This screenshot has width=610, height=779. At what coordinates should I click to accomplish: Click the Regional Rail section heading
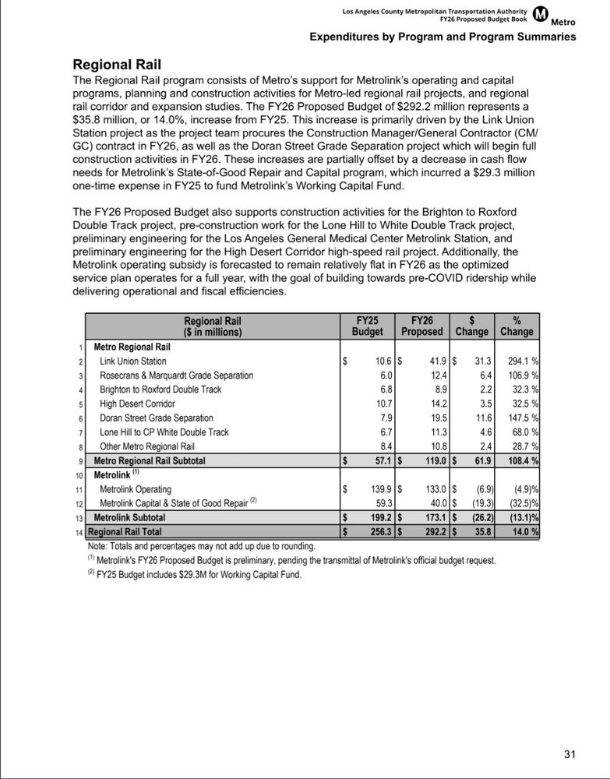tap(122, 65)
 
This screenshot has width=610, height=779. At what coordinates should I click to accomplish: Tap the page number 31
tap(569, 754)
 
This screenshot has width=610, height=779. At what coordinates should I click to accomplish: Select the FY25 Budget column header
tap(367, 326)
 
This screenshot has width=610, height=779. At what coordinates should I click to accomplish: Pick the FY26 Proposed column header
tap(421, 326)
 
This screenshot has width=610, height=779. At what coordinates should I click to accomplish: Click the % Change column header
tap(517, 326)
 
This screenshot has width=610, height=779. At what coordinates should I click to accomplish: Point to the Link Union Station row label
tap(132, 361)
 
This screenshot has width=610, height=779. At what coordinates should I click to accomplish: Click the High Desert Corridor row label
tap(137, 404)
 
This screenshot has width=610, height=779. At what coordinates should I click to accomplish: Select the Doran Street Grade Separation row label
tap(156, 418)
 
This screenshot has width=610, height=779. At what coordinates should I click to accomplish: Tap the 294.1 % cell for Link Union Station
tap(518, 361)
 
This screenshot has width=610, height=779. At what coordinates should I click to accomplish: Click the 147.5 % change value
tap(518, 418)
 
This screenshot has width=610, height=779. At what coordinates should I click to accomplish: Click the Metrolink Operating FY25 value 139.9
tap(375, 489)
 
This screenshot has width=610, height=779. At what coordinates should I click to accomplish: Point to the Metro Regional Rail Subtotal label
tap(150, 461)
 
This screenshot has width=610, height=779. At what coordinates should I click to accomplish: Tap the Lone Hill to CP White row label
tap(164, 432)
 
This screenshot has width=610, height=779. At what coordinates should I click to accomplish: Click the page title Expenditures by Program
tap(443, 37)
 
